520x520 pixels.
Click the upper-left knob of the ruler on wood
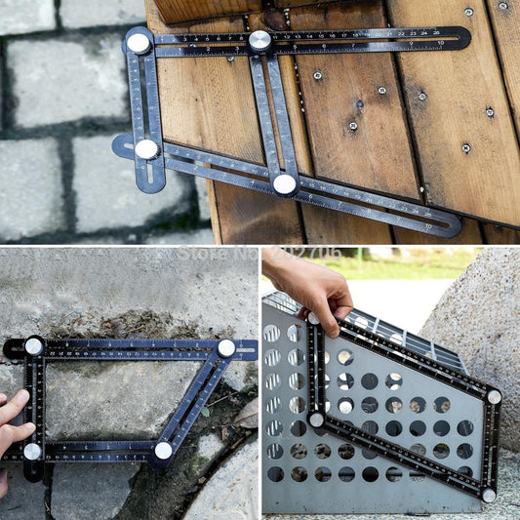[139, 43]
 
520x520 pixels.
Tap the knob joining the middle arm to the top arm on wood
[260, 40]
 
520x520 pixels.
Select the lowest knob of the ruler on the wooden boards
[284, 183]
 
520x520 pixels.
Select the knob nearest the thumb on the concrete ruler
[32, 451]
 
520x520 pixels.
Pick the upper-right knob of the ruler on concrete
[226, 347]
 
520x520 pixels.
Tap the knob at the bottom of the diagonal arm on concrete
[163, 451]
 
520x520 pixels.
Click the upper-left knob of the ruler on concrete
[33, 346]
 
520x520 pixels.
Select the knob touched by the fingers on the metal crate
[314, 318]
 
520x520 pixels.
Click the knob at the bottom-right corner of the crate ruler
[488, 495]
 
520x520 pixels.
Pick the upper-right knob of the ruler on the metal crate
[494, 396]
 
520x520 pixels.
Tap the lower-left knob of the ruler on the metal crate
[316, 420]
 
